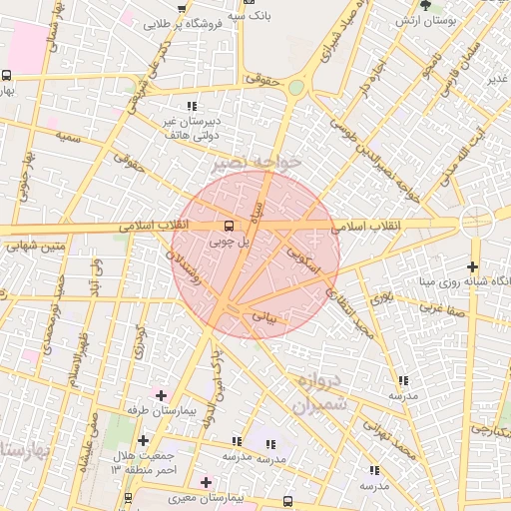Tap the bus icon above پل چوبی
[x=230, y=226]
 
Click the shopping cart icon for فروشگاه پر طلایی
[x=184, y=8]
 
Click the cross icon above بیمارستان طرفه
[x=161, y=395]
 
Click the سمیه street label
[x=68, y=135]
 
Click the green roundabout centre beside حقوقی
[x=296, y=88]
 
